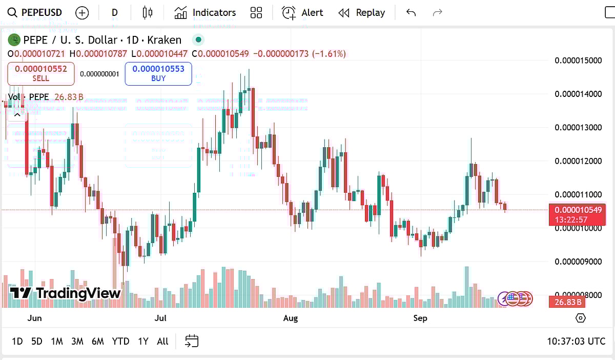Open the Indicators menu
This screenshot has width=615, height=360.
pyautogui.click(x=205, y=13)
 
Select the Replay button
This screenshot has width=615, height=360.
pyautogui.click(x=362, y=13)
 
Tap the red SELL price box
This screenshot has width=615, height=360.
pyautogui.click(x=41, y=73)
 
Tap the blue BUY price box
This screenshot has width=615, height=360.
pyautogui.click(x=158, y=73)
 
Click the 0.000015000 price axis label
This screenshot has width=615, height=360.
pyautogui.click(x=578, y=61)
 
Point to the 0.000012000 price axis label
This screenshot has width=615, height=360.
pyautogui.click(x=578, y=161)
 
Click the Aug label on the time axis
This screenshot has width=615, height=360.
pyautogui.click(x=291, y=318)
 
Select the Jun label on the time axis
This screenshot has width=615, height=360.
pyautogui.click(x=34, y=318)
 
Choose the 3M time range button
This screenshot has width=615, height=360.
pyautogui.click(x=77, y=342)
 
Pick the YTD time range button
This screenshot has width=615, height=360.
pyautogui.click(x=120, y=342)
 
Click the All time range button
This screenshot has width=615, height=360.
pyautogui.click(x=162, y=342)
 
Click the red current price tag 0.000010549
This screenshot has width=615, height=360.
pyautogui.click(x=577, y=210)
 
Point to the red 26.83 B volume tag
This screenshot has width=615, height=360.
pyautogui.click(x=567, y=302)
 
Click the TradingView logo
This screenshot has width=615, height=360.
pyautogui.click(x=66, y=293)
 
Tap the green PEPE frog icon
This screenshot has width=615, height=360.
pyautogui.click(x=14, y=40)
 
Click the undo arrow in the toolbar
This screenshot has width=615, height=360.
pyautogui.click(x=411, y=13)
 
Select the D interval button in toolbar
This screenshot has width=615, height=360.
pyautogui.click(x=114, y=13)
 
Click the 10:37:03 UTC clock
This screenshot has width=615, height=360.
pyautogui.click(x=576, y=342)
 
